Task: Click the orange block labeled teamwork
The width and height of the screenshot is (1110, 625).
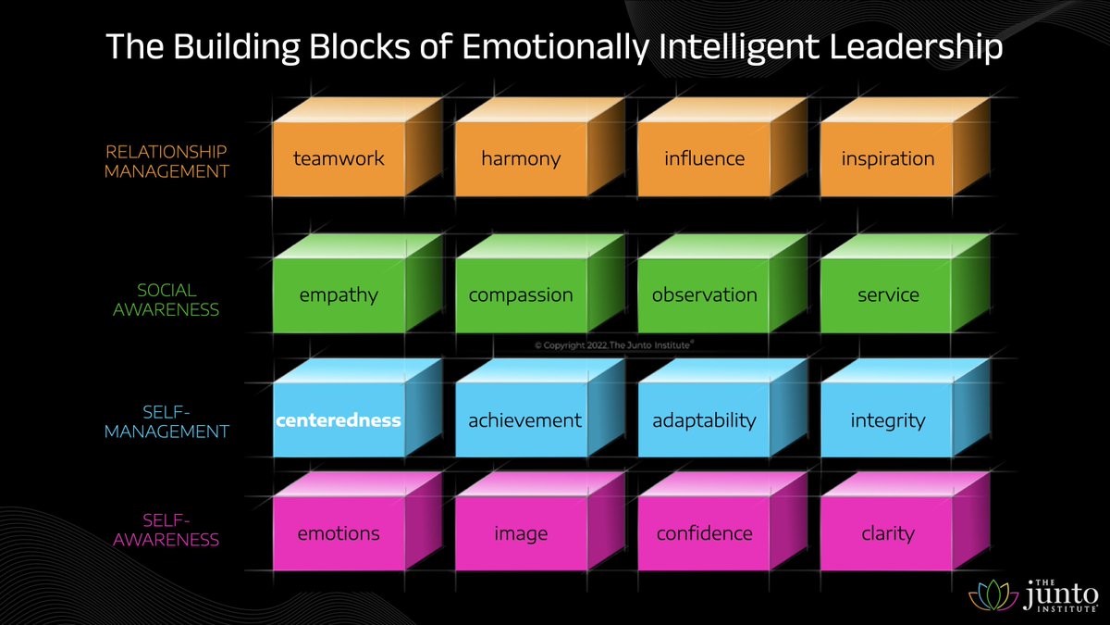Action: point(339,158)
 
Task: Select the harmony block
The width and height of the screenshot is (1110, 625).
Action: point(521,158)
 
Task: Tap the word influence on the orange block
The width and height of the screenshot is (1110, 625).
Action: point(704,158)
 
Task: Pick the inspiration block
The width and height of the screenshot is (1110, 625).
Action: point(887,158)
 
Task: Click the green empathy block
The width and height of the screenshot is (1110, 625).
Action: point(339,295)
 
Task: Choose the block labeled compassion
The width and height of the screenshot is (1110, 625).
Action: point(521,295)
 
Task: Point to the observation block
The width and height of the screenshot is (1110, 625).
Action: point(704,295)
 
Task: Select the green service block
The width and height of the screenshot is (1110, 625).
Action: point(887,295)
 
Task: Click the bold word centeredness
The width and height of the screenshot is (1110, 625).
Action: point(339,420)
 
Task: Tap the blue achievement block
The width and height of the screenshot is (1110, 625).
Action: point(524,420)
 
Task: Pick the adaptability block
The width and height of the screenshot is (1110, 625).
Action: point(704,420)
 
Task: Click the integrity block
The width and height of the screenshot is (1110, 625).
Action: point(887,420)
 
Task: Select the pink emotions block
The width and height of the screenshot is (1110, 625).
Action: point(339,533)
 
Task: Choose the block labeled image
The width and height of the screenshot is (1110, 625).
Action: point(521,533)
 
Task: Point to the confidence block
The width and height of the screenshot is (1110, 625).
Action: point(704,533)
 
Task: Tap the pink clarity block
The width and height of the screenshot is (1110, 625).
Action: point(887,533)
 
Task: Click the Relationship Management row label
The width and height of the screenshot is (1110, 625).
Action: point(166,160)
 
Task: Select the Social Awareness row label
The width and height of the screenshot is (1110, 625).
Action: point(166,299)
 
